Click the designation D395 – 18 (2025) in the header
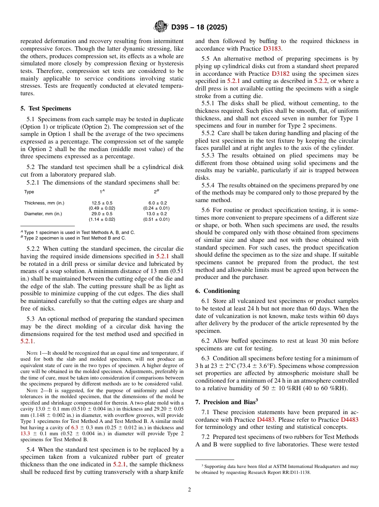(x=199, y=28)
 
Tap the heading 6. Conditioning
(x=217, y=291)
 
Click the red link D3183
(x=272, y=49)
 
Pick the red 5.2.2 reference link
(x=320, y=81)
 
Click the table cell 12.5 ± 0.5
(x=102, y=203)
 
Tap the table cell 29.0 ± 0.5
(x=102, y=214)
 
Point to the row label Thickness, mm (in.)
(x=44, y=203)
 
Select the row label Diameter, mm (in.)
(x=43, y=214)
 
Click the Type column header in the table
(x=29, y=192)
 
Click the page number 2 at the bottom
(x=189, y=490)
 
